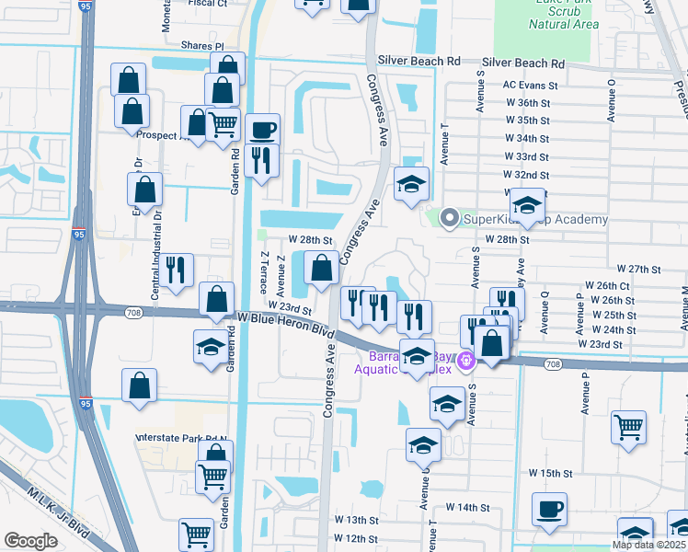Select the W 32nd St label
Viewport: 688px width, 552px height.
pyautogui.click(x=526, y=175)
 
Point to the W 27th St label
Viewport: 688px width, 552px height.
pyautogui.click(x=639, y=269)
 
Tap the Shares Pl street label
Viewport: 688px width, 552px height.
pyautogui.click(x=202, y=45)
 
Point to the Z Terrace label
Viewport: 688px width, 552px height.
pyautogui.click(x=264, y=273)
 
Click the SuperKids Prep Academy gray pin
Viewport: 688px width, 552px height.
pyautogui.click(x=449, y=218)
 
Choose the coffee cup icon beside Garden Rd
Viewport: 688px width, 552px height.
pyautogui.click(x=262, y=129)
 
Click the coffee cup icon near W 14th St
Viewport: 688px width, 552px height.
pyautogui.click(x=549, y=509)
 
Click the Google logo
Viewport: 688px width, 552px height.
pyautogui.click(x=31, y=541)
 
